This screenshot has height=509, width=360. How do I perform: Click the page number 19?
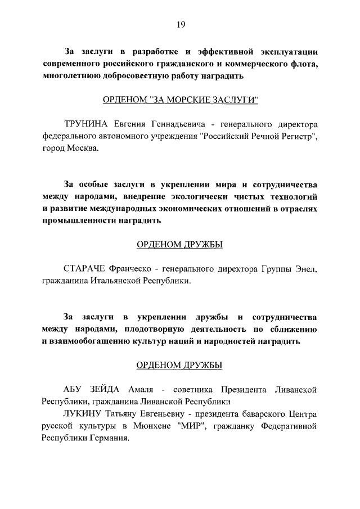point(180,24)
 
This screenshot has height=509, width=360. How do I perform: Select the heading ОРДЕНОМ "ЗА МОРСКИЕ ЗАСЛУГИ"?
point(180,100)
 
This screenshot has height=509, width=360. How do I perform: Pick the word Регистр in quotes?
point(296,136)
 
